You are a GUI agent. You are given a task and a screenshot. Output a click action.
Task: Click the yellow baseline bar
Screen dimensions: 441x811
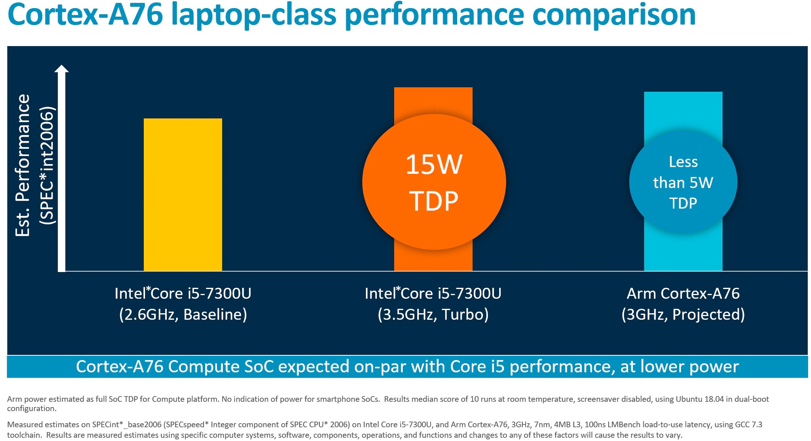[x=183, y=194]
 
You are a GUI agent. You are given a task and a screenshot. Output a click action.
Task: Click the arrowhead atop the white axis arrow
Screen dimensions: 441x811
[x=61, y=69]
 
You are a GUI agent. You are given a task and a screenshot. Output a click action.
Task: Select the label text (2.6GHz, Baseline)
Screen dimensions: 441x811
[x=183, y=314]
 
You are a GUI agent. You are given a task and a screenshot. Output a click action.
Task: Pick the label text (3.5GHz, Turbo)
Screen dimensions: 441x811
[x=433, y=314]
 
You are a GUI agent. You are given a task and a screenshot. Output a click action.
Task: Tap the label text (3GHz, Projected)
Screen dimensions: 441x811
[x=683, y=314]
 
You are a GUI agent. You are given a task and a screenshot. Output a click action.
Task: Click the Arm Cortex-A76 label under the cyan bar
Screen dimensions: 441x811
[x=683, y=293]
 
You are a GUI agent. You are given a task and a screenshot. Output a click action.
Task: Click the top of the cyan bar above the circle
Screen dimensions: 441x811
[x=683, y=109]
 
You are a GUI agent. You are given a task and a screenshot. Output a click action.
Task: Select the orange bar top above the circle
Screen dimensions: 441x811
[x=433, y=99]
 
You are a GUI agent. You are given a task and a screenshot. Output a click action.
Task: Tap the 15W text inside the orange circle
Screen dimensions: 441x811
[x=434, y=165]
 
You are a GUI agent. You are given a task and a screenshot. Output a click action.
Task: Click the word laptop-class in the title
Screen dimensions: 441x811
[x=254, y=15]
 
